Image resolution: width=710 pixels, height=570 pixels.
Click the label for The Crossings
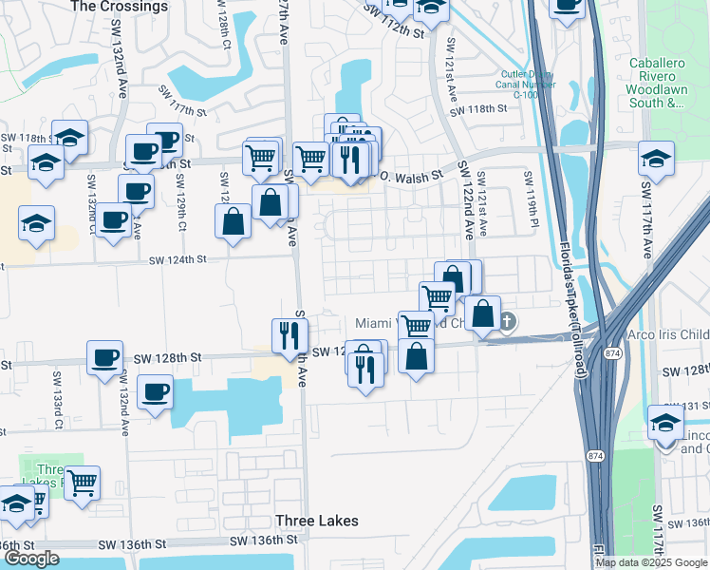(x=119, y=6)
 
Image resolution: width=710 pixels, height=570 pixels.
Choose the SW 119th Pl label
(x=530, y=190)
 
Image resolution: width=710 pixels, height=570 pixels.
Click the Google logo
(x=31, y=559)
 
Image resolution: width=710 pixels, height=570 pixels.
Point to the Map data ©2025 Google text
(x=652, y=561)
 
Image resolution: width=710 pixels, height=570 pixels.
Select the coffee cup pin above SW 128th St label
(x=104, y=359)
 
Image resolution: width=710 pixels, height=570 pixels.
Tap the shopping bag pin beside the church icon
(x=482, y=313)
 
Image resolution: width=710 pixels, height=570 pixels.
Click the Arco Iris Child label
(x=668, y=335)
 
